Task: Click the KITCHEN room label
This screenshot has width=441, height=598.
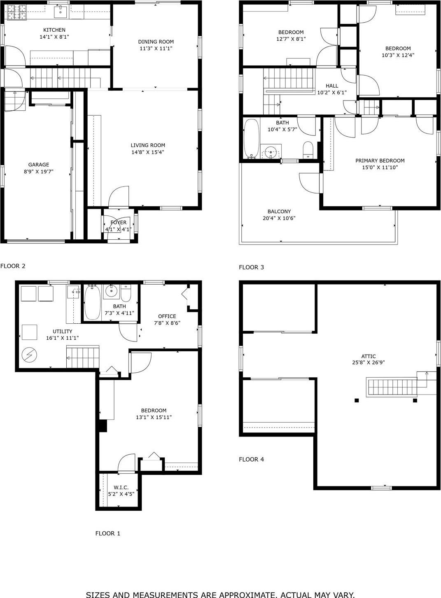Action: click(x=54, y=30)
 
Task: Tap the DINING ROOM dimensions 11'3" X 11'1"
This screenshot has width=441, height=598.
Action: click(x=156, y=49)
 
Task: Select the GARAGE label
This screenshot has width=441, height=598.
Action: click(x=39, y=165)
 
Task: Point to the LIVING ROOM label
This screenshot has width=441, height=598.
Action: click(x=148, y=145)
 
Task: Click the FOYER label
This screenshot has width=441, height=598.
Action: click(x=119, y=223)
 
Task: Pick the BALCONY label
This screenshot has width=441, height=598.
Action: click(x=279, y=212)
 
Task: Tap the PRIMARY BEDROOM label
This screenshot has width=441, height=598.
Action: click(x=380, y=161)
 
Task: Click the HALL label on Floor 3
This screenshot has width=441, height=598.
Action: click(x=332, y=86)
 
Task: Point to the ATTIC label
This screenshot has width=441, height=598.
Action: click(x=368, y=357)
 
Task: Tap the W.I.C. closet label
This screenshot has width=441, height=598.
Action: click(x=121, y=488)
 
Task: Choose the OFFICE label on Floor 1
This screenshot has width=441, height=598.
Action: click(x=167, y=316)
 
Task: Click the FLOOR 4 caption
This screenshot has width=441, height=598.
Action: click(x=251, y=459)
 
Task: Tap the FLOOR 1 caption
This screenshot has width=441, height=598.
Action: click(x=107, y=533)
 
